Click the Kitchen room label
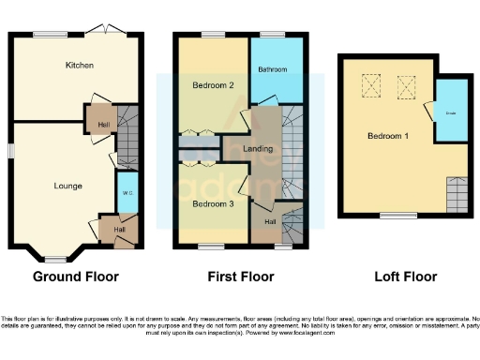coord(77,66)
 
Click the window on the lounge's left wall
coord(12,150)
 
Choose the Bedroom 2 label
coord(213,85)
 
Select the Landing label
coord(258,148)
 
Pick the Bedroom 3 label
coord(213,203)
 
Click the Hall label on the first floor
coord(269,221)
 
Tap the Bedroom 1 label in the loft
coord(388,136)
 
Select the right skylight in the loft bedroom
coord(407,90)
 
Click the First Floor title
coord(241,277)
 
